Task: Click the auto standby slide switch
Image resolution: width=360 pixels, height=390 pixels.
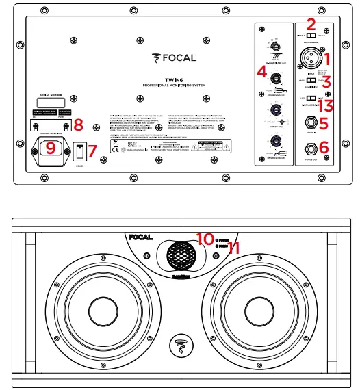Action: click(312, 36)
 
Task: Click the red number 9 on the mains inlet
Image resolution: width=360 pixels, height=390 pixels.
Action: click(49, 147)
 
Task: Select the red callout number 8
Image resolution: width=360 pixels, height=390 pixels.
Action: click(78, 125)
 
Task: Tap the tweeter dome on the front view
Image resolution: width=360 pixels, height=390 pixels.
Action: click(181, 256)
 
